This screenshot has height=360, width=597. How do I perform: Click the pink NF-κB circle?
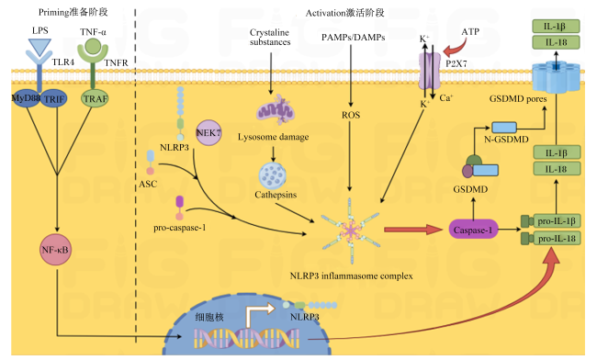56,250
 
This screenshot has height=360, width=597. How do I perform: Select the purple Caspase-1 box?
473,230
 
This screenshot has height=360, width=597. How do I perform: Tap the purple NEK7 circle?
208,133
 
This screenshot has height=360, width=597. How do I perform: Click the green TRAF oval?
96,99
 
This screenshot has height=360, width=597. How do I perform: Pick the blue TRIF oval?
54,99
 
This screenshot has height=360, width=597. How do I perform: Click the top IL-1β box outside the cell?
556,27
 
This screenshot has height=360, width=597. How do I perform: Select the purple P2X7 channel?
430,71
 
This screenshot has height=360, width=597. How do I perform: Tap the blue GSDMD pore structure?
556,77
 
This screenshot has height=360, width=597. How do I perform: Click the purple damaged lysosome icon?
276,109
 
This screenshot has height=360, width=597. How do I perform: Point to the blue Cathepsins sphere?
273,175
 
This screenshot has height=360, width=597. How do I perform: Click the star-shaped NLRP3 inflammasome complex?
351,231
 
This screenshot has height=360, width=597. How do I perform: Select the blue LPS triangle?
39,47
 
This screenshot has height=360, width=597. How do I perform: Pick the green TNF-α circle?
93,46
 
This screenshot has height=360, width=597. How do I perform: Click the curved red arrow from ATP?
456,48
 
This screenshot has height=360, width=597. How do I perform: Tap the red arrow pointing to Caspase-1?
413,230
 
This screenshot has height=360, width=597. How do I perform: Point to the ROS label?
351,115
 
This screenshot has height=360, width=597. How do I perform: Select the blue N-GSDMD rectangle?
504,127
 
